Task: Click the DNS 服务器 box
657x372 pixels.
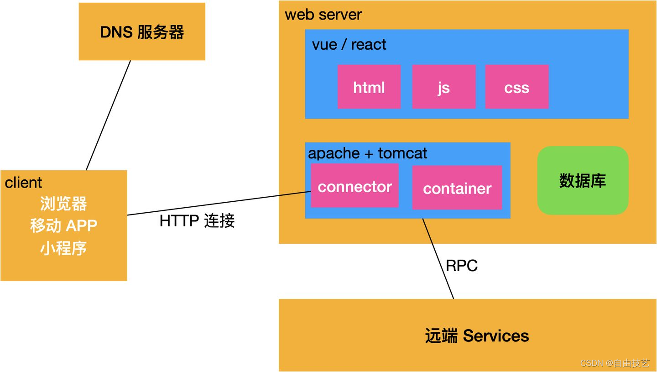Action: click(142, 32)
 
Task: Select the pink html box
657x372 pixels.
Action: click(369, 87)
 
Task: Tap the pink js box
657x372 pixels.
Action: click(443, 87)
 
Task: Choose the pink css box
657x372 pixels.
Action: click(516, 87)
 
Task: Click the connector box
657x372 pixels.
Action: click(355, 186)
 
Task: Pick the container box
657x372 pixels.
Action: click(457, 188)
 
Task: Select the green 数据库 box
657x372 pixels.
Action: click(583, 181)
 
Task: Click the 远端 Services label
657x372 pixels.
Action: click(477, 336)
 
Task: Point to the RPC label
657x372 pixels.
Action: click(462, 266)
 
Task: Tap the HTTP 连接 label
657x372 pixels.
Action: click(197, 221)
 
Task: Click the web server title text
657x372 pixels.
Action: click(323, 15)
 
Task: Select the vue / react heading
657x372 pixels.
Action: click(349, 45)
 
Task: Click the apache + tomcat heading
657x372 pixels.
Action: click(368, 153)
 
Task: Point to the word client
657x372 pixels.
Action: click(23, 183)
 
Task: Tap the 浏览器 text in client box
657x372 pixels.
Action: click(63, 204)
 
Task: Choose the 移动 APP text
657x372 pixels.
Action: click(63, 225)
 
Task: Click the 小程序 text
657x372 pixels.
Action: click(63, 248)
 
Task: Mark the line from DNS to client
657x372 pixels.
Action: click(109, 115)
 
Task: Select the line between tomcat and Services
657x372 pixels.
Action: click(438, 259)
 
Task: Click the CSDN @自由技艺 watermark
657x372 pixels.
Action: click(615, 363)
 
